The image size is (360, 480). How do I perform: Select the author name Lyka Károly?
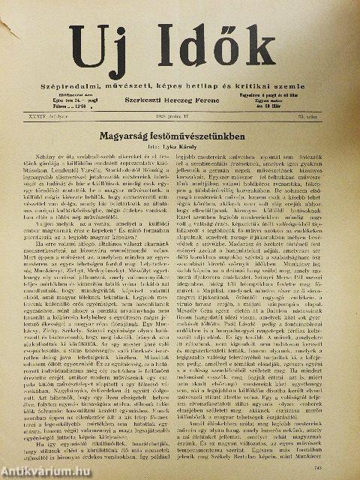tap(188, 148)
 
